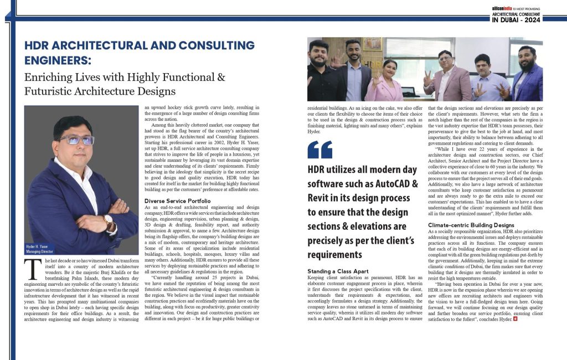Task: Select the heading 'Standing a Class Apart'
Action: (x=337, y=271)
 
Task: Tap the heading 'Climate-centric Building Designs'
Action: (x=471, y=225)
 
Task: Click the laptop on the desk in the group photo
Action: (x=409, y=92)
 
